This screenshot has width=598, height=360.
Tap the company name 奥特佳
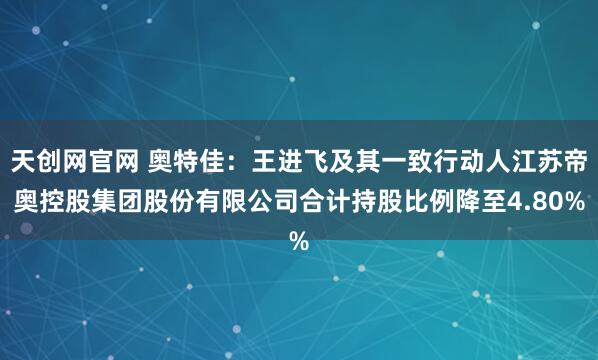click(x=186, y=160)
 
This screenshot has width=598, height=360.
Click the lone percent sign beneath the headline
click(x=298, y=241)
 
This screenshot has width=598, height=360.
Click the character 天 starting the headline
click(x=23, y=160)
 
